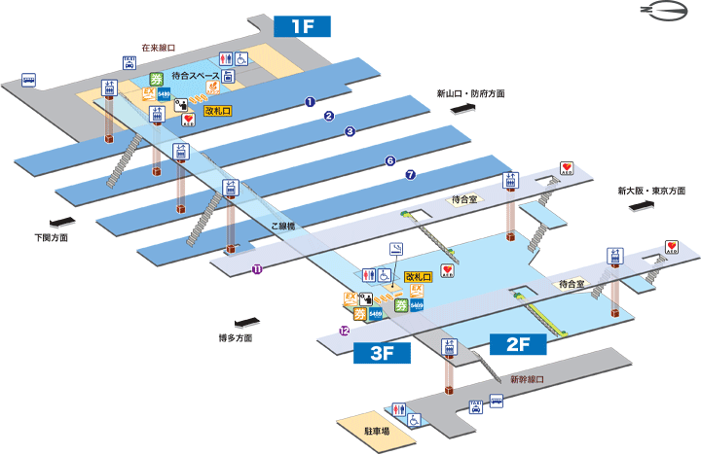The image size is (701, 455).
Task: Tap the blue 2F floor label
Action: [510, 342]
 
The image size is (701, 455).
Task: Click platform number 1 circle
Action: [311, 101]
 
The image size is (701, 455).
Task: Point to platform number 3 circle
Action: [350, 131]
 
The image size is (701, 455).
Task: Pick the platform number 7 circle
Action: [410, 174]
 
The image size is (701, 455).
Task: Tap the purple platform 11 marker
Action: [257, 269]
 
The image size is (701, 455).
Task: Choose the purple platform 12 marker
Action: [344, 331]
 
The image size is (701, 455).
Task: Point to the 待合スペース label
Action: [194, 75]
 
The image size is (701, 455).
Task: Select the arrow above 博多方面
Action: [247, 322]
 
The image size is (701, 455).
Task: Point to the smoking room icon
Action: [397, 249]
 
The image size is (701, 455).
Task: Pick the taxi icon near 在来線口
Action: [129, 63]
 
